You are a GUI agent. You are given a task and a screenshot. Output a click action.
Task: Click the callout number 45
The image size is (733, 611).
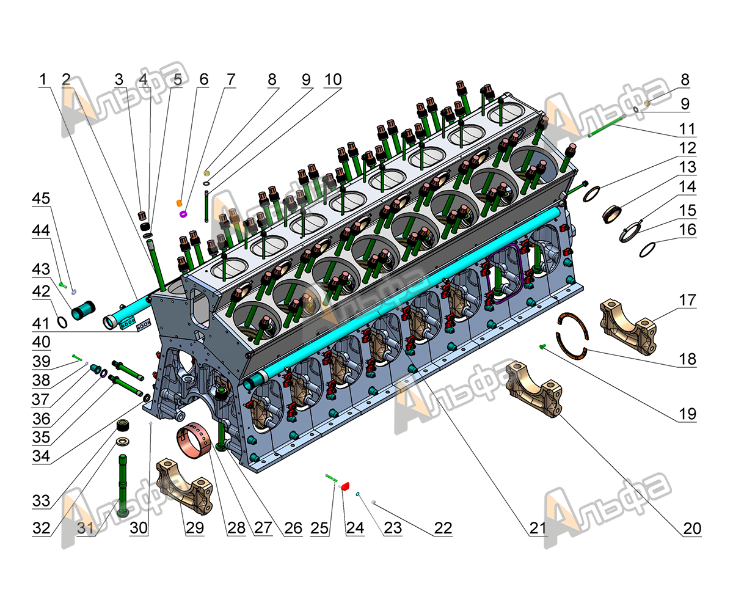41,199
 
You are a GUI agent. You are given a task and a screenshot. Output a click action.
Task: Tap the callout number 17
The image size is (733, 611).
687,300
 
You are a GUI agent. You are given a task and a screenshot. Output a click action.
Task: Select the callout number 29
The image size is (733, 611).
195,528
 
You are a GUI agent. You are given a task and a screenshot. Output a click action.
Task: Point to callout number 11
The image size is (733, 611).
687,129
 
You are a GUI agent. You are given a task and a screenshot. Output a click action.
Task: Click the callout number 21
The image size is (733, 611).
538,528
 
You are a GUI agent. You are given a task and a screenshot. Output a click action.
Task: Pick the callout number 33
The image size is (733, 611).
41,501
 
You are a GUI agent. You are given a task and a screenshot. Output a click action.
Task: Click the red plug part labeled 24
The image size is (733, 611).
345,486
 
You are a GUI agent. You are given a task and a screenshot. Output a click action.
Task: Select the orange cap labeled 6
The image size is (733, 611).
179,203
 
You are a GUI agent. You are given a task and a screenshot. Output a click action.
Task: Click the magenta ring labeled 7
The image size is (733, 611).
183,214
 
